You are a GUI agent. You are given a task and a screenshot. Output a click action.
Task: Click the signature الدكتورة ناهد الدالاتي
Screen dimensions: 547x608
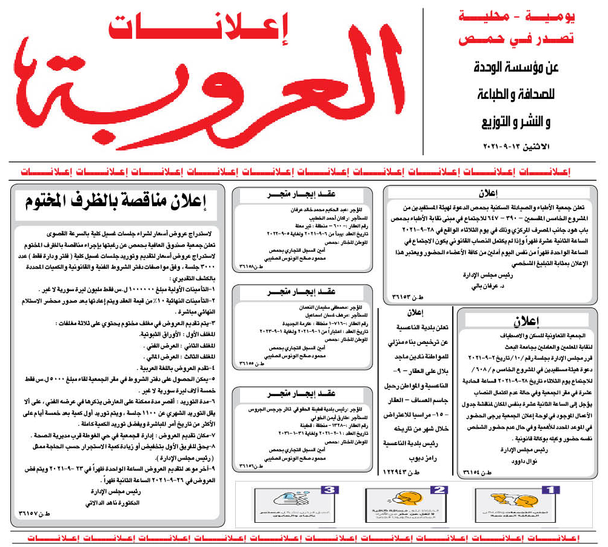[115, 504]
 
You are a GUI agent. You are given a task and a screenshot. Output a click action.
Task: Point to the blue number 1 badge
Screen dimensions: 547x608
[549, 489]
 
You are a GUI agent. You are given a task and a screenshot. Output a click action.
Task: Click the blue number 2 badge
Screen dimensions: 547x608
[441, 489]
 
